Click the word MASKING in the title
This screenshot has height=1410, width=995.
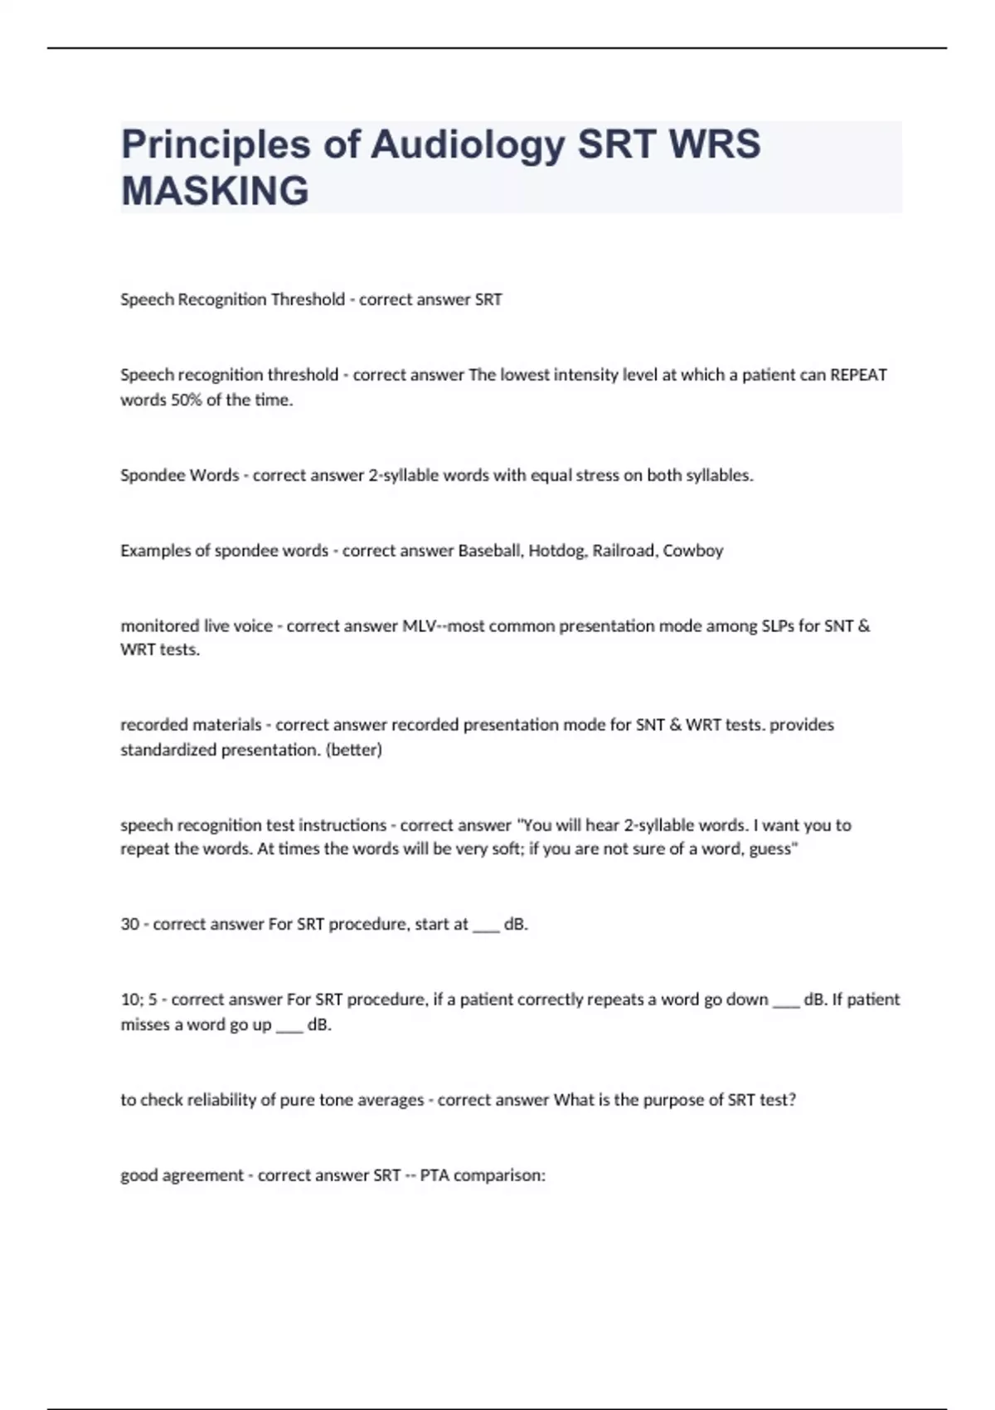[x=215, y=191]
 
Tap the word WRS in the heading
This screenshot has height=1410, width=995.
[x=715, y=144]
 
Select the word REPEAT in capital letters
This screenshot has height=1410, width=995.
[x=858, y=375]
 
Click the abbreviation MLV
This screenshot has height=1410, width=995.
[x=420, y=626]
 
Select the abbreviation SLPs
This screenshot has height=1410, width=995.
[x=777, y=626]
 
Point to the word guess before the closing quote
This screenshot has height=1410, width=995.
[x=769, y=850]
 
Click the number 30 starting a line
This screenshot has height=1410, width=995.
[x=129, y=924]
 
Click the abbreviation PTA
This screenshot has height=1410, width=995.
[x=434, y=1175]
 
